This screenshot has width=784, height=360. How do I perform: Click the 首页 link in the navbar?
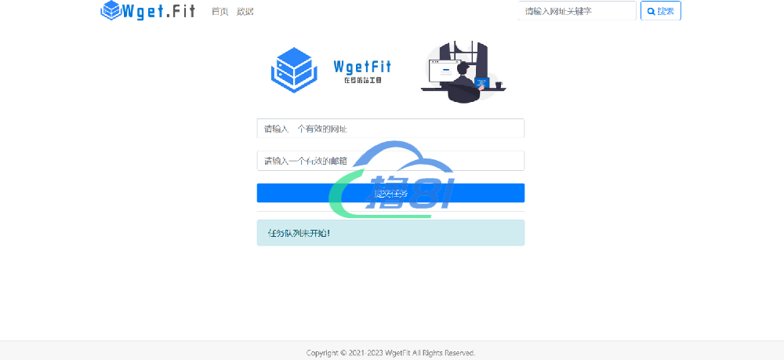pyautogui.click(x=220, y=12)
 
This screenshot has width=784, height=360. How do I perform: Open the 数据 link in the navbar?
pyautogui.click(x=245, y=12)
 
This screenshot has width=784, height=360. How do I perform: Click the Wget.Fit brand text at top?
pyautogui.click(x=159, y=11)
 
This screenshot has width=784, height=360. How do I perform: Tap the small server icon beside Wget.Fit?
pyautogui.click(x=111, y=10)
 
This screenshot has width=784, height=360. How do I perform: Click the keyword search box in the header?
pyautogui.click(x=577, y=12)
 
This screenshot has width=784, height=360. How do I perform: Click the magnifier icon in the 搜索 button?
pyautogui.click(x=651, y=12)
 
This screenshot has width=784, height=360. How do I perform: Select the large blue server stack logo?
pyautogui.click(x=293, y=68)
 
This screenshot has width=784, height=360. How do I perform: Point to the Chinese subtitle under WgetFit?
pyautogui.click(x=362, y=81)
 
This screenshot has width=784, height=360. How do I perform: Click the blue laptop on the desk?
pyautogui.click(x=483, y=83)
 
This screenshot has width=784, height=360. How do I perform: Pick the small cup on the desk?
pyautogui.click(x=498, y=84)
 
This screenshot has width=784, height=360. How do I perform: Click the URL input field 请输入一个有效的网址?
pyautogui.click(x=390, y=129)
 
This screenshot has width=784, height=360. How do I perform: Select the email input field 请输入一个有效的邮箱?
pyautogui.click(x=390, y=161)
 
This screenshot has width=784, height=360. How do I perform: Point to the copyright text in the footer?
pyautogui.click(x=390, y=353)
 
